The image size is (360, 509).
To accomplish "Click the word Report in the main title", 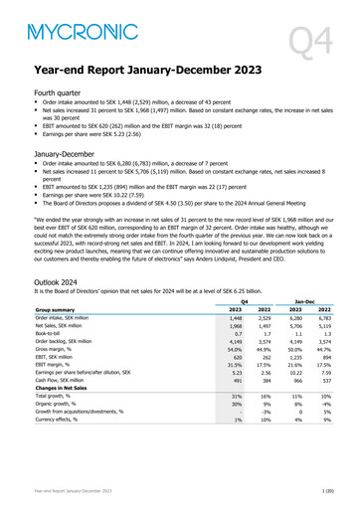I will [122, 72].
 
